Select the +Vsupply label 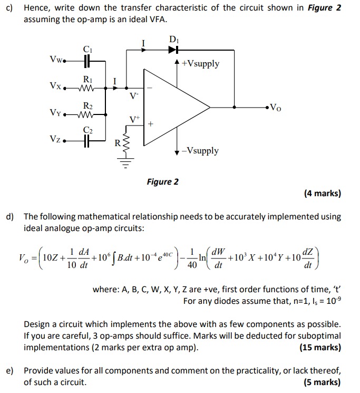pos(200,64)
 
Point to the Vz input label pos(55,139)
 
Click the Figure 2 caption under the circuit pos(162,182)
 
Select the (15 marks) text pos(320,347)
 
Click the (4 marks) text pos(322,194)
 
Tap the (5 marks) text pos(322,382)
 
